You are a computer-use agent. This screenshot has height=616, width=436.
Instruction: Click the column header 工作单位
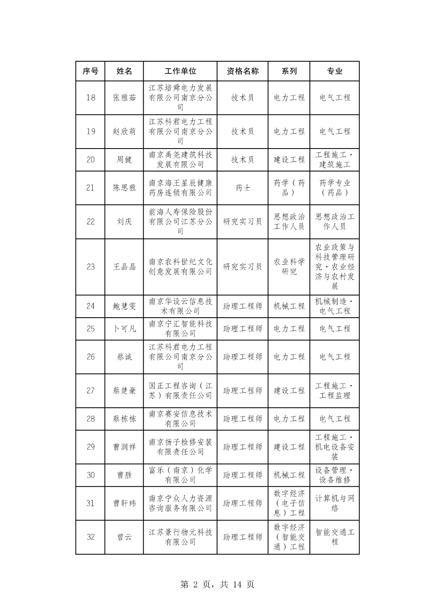pyautogui.click(x=180, y=71)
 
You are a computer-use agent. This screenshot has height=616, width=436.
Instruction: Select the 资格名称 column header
pyautogui.click(x=243, y=71)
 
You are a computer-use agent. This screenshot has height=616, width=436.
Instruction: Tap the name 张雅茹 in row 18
pyautogui.click(x=124, y=98)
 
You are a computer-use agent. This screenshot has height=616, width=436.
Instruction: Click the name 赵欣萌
pyautogui.click(x=124, y=132)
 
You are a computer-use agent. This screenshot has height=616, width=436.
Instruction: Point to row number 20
pyautogui.click(x=90, y=160)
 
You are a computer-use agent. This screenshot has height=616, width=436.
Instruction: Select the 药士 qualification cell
pyautogui.click(x=243, y=188)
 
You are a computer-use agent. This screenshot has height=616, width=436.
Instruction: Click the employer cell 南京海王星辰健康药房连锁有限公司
pyautogui.click(x=180, y=188)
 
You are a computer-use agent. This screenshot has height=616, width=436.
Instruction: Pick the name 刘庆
pyautogui.click(x=124, y=222)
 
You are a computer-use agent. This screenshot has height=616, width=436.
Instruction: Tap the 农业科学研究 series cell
pyautogui.click(x=289, y=267)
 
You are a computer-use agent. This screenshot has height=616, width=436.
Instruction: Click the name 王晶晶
pyautogui.click(x=124, y=267)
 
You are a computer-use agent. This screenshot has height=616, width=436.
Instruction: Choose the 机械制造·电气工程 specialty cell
pyautogui.click(x=335, y=306)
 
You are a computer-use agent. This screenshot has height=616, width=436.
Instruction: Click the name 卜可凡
pyautogui.click(x=124, y=329)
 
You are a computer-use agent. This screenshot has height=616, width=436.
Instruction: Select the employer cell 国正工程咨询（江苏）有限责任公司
pyautogui.click(x=180, y=391)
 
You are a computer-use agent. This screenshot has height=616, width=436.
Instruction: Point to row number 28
pyautogui.click(x=90, y=419)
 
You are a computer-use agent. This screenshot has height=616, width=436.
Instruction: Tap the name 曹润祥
pyautogui.click(x=124, y=447)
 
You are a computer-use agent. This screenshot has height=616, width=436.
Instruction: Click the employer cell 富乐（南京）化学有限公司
pyautogui.click(x=180, y=475)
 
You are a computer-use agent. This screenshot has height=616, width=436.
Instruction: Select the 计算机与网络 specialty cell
pyautogui.click(x=335, y=503)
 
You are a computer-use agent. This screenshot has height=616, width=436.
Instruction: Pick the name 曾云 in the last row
pyautogui.click(x=124, y=537)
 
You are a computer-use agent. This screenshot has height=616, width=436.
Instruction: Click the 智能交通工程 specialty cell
pyautogui.click(x=335, y=537)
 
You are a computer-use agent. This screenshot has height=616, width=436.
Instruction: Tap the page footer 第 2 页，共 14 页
pyautogui.click(x=218, y=585)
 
